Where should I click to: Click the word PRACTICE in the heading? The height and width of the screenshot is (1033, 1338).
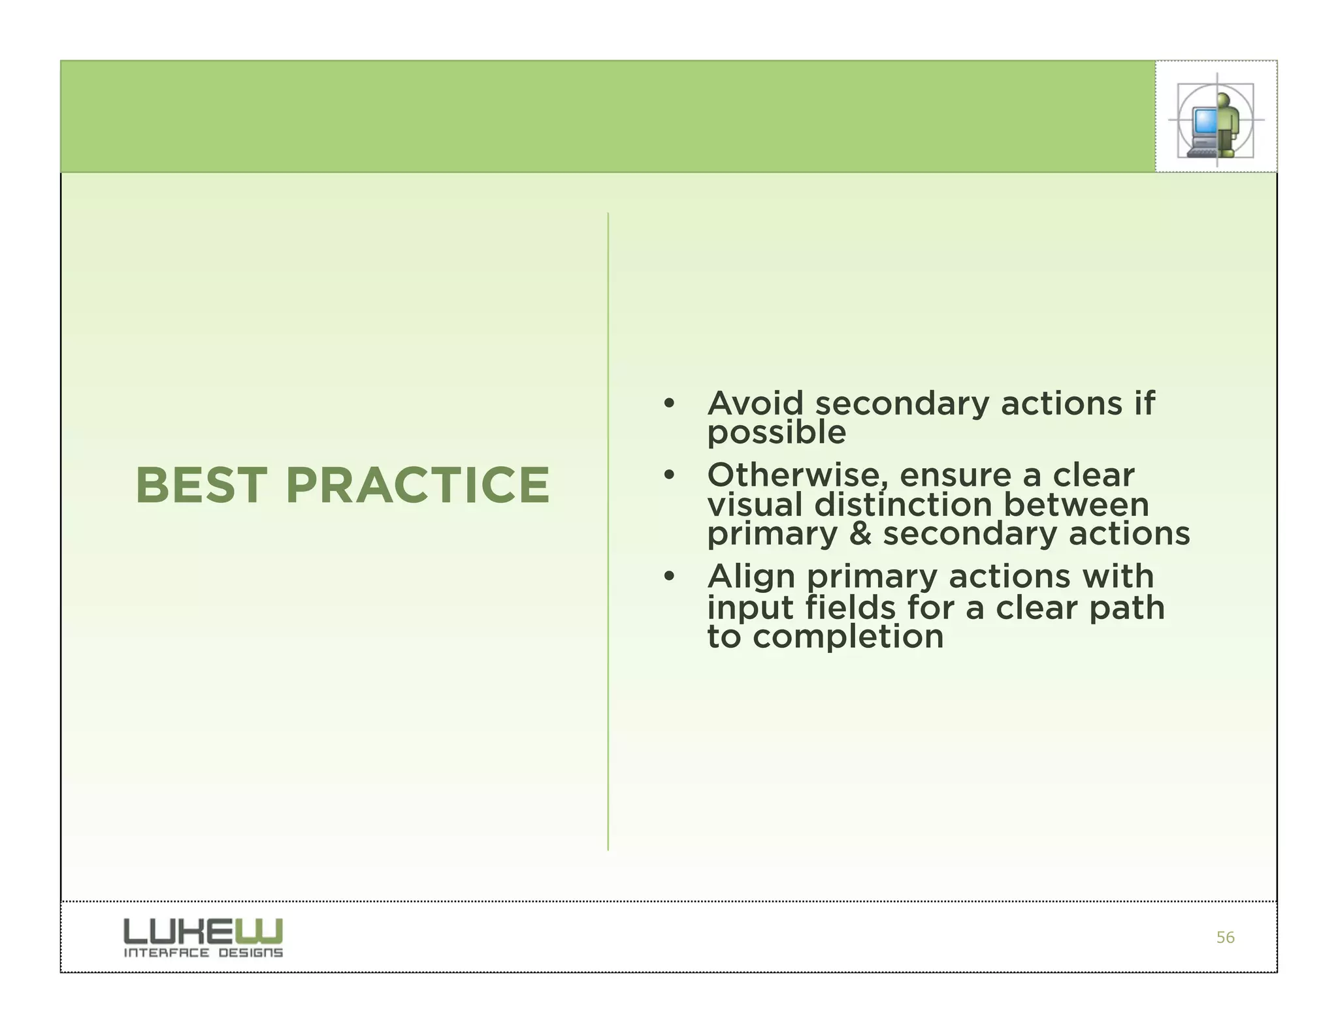(417, 486)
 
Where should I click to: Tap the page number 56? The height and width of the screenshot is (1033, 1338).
(1225, 938)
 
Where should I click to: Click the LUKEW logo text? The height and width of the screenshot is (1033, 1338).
(203, 931)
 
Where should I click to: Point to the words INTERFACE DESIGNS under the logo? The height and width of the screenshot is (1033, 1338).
(203, 953)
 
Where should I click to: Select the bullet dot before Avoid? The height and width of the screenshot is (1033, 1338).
(668, 404)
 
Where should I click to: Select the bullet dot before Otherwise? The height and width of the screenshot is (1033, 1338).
(668, 475)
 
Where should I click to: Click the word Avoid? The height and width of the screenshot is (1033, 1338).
(755, 404)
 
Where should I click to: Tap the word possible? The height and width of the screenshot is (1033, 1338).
(776, 433)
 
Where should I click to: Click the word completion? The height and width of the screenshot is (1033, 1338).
(848, 637)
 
